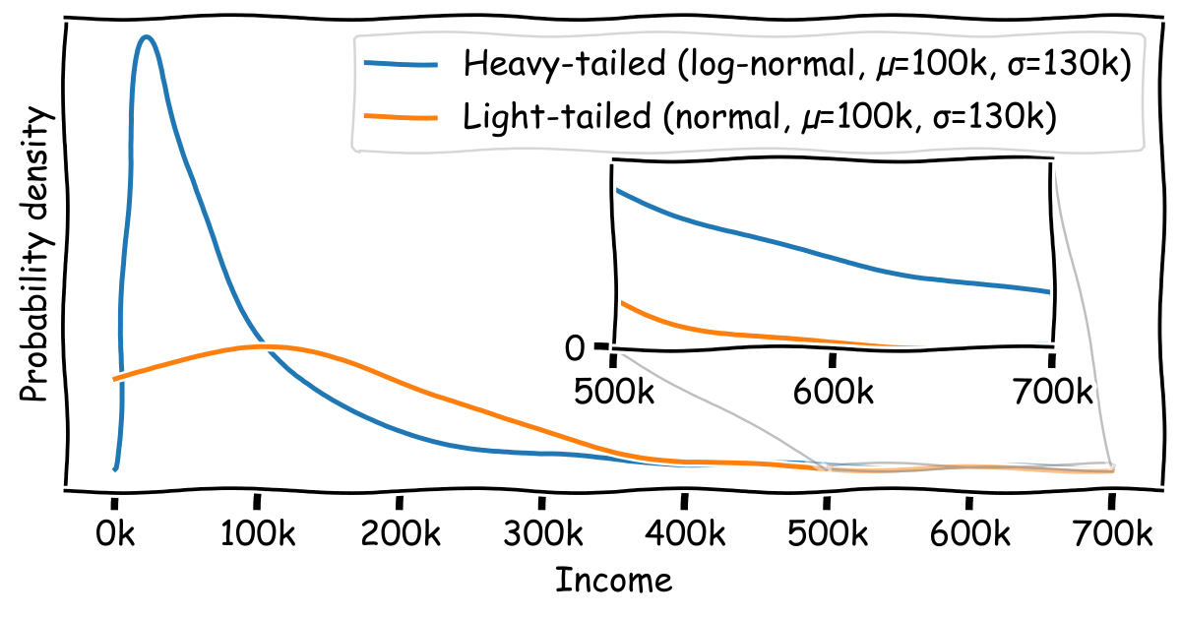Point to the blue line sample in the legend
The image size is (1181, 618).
[x=401, y=64]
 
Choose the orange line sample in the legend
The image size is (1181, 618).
[x=401, y=117]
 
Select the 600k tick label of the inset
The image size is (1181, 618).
[x=834, y=392]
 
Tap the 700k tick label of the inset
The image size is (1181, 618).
[x=1053, y=392]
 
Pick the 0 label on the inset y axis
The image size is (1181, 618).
[x=576, y=347]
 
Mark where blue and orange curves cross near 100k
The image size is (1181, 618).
[x=262, y=346]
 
